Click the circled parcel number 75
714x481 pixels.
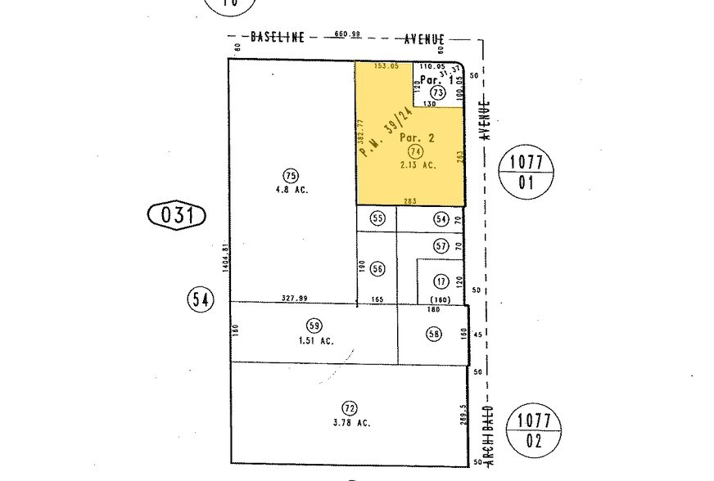289,175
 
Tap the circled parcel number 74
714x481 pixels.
416,151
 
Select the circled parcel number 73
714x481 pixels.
437,94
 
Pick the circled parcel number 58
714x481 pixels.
434,333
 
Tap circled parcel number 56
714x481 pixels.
377,268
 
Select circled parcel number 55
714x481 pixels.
377,218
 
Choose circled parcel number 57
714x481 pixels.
441,245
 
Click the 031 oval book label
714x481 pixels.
175,217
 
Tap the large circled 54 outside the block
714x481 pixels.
200,299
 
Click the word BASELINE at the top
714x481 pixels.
278,37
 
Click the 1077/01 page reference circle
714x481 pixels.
526,172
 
